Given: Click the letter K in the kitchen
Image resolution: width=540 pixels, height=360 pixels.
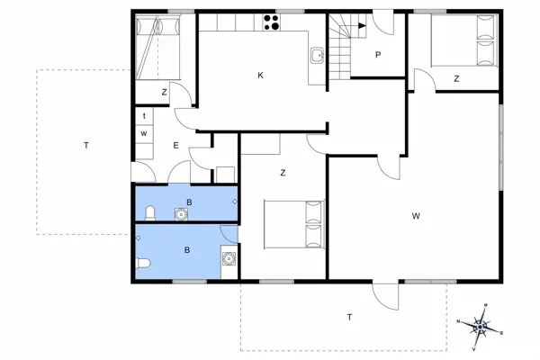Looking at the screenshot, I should click(260, 75).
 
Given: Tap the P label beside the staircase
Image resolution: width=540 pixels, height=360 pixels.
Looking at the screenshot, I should click(378, 55).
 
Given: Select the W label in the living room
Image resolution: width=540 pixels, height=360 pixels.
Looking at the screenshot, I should click(416, 215).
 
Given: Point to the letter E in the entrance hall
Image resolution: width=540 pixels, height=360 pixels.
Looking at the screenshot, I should click(176, 145).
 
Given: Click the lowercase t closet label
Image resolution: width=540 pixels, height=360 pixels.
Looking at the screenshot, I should click(144, 116).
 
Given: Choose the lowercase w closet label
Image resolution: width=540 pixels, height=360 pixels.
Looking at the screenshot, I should click(144, 133).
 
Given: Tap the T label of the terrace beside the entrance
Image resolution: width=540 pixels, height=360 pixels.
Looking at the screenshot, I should click(85, 145).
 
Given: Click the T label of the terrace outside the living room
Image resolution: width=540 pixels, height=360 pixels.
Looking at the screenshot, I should click(350, 316).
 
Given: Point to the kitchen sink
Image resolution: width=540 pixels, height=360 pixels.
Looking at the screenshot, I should click(316, 56).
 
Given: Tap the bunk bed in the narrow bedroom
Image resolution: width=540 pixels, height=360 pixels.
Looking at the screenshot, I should click(158, 47).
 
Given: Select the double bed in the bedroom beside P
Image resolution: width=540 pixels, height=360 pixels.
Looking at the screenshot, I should click(465, 42).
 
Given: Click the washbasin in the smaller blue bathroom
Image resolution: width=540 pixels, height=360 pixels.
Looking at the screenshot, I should click(182, 214).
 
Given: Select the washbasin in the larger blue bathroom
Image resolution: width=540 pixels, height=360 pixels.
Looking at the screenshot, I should click(229, 259).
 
